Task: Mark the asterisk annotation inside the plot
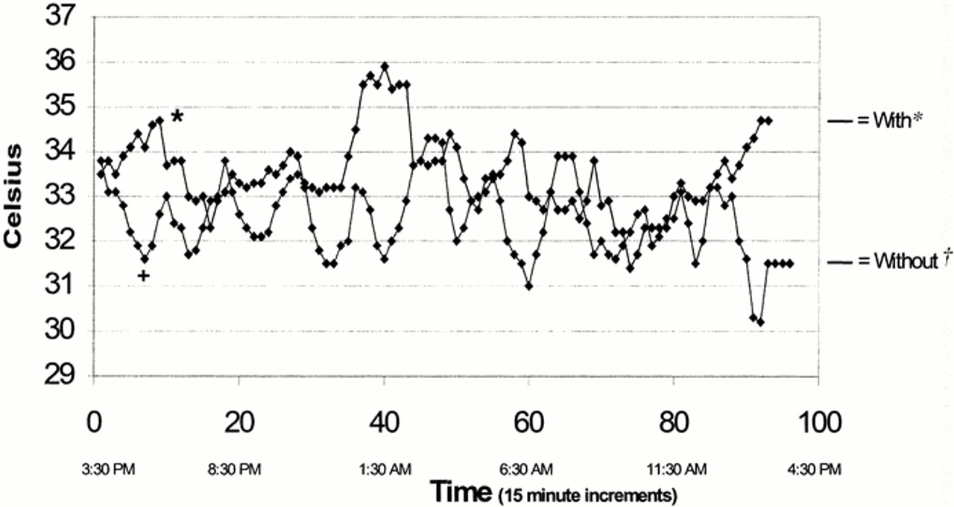(x=177, y=117)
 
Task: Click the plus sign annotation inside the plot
(x=143, y=276)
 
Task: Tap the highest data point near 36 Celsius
(x=385, y=66)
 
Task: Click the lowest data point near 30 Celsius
(x=760, y=322)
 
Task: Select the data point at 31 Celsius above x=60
(x=528, y=286)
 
